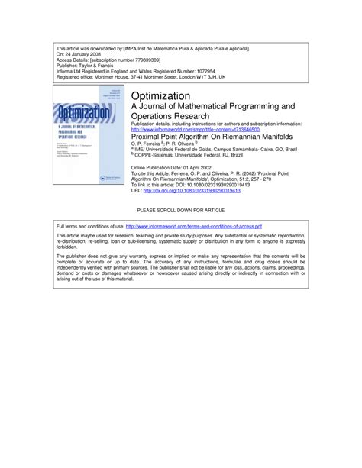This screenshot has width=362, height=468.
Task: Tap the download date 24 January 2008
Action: [88, 54]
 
